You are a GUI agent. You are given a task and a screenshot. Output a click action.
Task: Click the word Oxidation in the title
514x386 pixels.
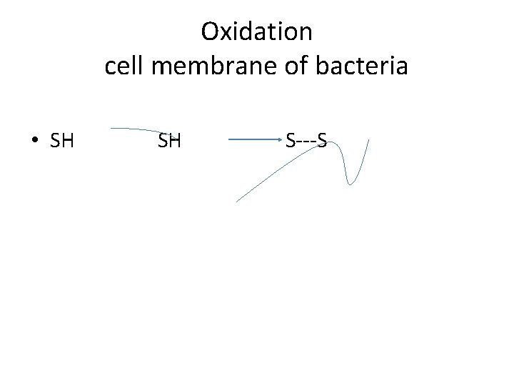pyautogui.click(x=256, y=32)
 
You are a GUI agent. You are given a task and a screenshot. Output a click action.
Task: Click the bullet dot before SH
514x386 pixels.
pyautogui.click(x=34, y=141)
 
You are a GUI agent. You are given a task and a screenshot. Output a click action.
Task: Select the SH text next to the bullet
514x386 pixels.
pyautogui.click(x=62, y=141)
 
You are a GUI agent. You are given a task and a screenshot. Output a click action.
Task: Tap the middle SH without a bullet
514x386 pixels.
pyautogui.click(x=169, y=141)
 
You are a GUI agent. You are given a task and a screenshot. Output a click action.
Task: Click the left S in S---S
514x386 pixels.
pyautogui.click(x=291, y=141)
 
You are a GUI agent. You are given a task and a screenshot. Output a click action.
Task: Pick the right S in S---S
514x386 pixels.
pyautogui.click(x=322, y=141)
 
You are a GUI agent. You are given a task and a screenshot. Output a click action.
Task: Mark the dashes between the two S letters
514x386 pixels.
pyautogui.click(x=306, y=141)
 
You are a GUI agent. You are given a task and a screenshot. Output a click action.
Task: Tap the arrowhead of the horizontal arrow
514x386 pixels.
pyautogui.click(x=281, y=140)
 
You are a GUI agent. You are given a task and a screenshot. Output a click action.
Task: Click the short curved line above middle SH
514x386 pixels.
pyautogui.click(x=143, y=129)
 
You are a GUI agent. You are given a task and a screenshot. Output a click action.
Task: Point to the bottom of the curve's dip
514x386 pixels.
pyautogui.click(x=349, y=183)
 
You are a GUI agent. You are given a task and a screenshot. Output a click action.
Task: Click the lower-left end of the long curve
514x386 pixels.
pyautogui.click(x=237, y=202)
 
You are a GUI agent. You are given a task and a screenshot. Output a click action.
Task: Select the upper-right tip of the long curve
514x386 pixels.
pyautogui.click(x=368, y=140)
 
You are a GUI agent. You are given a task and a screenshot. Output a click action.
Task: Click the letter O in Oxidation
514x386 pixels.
pyautogui.click(x=210, y=32)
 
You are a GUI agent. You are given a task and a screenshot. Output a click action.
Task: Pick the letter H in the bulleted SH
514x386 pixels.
pyautogui.click(x=68, y=141)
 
